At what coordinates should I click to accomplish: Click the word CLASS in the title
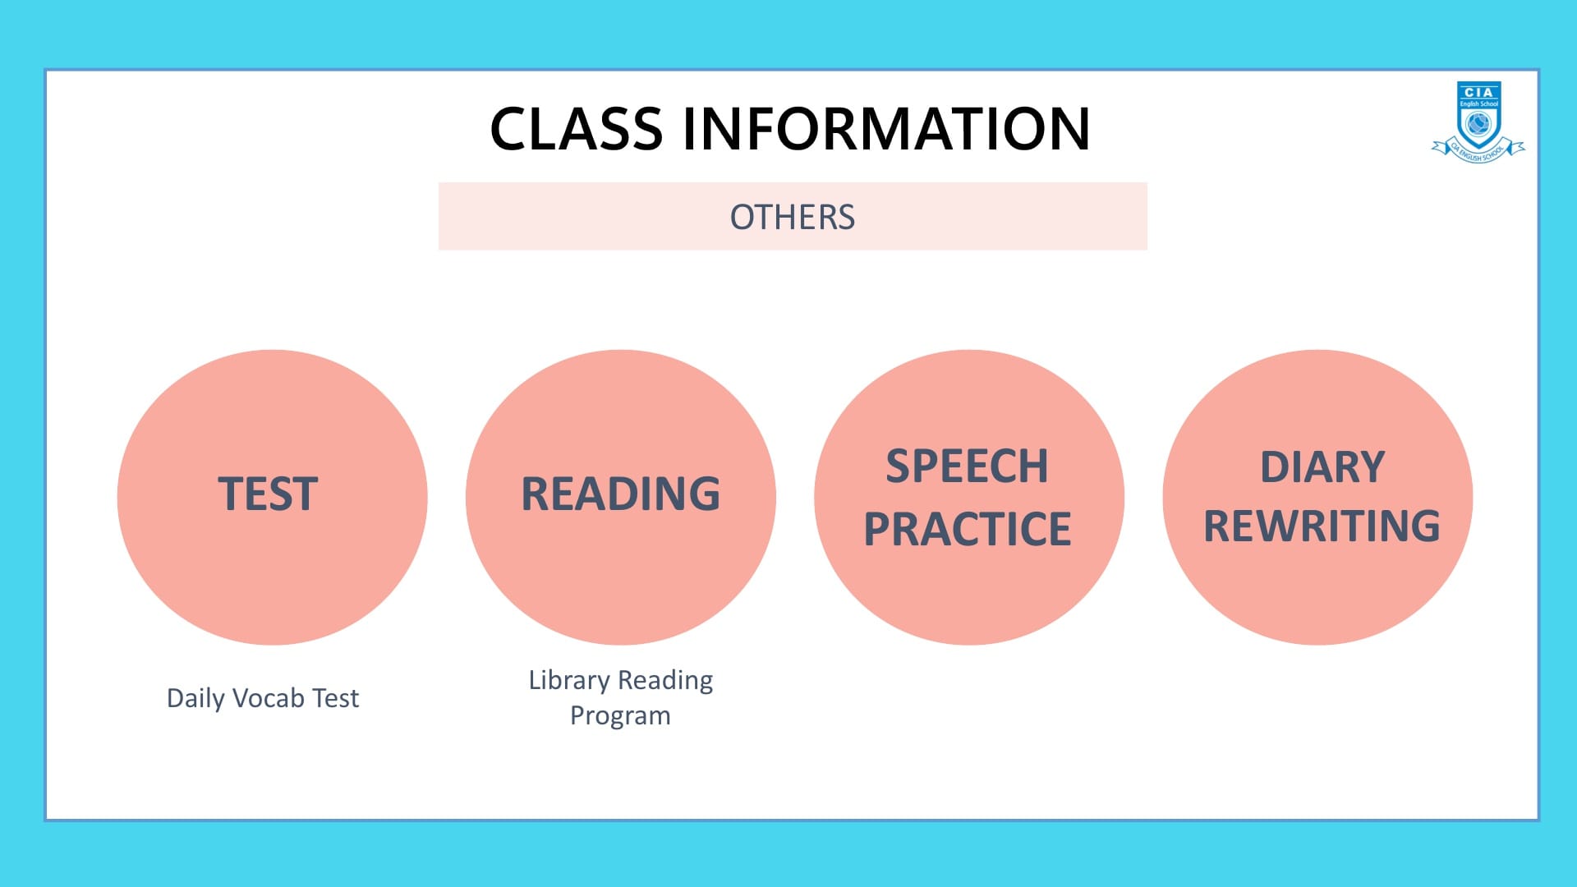[x=577, y=129]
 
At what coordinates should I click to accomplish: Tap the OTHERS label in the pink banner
[x=793, y=218]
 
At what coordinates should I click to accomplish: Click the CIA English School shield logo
[x=1478, y=121]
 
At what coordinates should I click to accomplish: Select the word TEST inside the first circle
[x=268, y=494]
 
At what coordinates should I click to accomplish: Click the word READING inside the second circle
[x=621, y=494]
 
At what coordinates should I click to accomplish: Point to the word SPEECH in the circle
[x=968, y=466]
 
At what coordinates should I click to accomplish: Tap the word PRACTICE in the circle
[x=968, y=529]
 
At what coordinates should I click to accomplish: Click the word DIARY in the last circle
[x=1322, y=467]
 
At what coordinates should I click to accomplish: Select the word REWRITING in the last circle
[x=1322, y=526]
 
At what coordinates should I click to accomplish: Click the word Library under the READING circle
[x=569, y=681]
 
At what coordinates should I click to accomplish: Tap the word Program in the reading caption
[x=620, y=716]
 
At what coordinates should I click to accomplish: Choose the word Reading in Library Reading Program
[x=665, y=681]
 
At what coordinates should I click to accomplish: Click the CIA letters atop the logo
[x=1478, y=92]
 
